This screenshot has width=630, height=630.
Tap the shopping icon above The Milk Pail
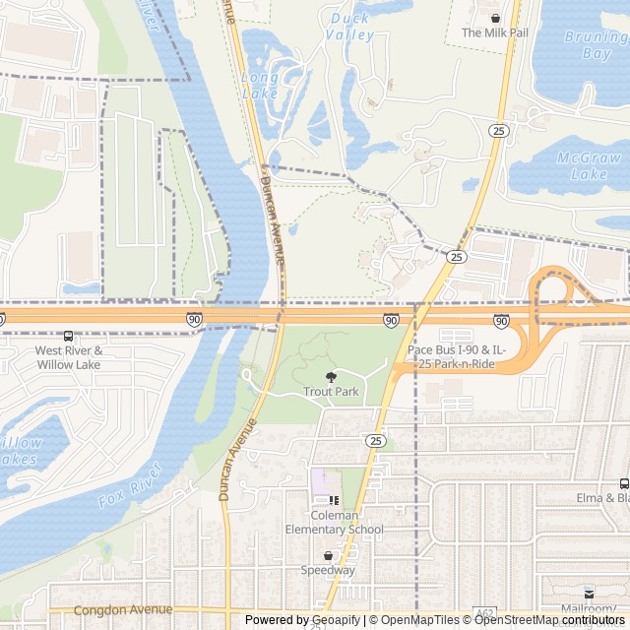(495, 17)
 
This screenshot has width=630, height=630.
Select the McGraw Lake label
(589, 165)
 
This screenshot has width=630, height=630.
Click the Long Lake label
(259, 86)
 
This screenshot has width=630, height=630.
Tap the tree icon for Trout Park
(331, 376)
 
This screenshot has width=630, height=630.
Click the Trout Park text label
(331, 392)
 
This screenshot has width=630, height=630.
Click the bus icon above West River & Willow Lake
(68, 336)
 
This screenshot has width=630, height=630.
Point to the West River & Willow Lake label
(69, 357)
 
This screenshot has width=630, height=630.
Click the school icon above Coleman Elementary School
(334, 499)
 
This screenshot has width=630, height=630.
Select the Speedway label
(329, 570)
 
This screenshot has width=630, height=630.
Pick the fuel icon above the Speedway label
(329, 555)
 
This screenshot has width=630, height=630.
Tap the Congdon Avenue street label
(123, 610)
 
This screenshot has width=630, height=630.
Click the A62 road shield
(483, 613)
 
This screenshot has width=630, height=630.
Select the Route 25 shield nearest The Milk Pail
(500, 130)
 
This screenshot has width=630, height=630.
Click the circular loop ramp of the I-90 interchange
(555, 292)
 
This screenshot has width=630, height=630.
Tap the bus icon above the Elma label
(624, 482)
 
